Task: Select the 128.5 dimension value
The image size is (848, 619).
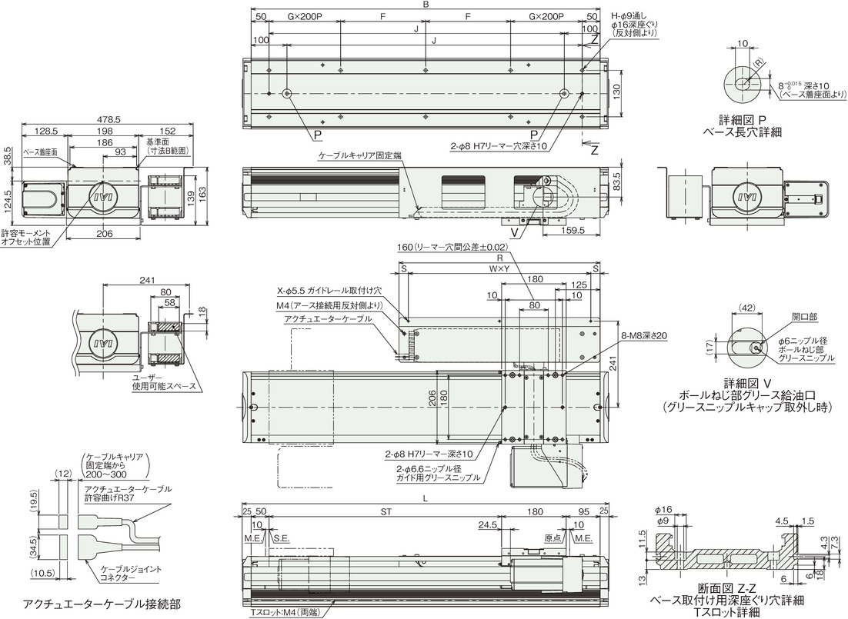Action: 45,131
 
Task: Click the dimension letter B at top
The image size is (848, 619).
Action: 426,5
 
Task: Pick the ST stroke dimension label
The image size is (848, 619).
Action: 386,511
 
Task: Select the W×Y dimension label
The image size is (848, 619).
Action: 500,268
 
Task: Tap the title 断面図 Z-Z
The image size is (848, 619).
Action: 727,589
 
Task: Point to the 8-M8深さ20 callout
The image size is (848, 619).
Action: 646,336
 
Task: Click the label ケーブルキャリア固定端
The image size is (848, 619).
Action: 360,155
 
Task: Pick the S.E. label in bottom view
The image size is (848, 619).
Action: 282,539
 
